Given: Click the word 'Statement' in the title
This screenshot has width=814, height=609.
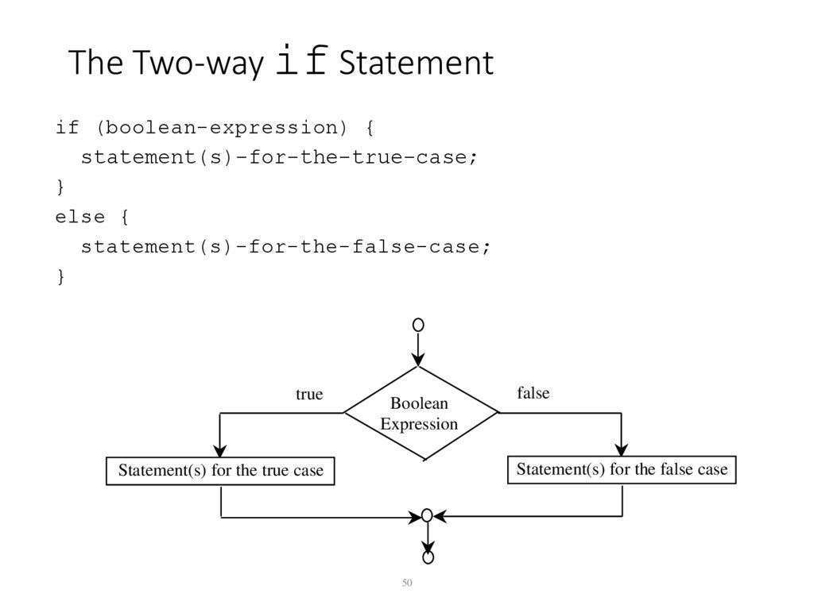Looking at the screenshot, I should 416,64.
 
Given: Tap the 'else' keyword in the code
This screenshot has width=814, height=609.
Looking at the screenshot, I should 80,216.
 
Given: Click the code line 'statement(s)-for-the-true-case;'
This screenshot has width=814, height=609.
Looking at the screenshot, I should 279,157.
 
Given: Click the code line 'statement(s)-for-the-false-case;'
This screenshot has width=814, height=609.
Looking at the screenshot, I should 285,246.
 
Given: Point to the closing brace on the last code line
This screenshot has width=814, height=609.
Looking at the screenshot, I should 60,276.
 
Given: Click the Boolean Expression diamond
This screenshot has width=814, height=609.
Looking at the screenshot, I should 420,413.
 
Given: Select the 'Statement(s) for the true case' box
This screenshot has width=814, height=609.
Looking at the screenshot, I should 220,471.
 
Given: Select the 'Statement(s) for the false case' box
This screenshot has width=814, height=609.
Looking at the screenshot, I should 622,469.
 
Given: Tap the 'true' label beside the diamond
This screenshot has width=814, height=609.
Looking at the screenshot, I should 309,395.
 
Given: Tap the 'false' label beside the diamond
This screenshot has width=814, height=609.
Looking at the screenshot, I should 533,393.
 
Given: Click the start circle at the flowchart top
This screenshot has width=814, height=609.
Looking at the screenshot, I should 418,325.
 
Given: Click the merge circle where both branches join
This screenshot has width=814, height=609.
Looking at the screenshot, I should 427,516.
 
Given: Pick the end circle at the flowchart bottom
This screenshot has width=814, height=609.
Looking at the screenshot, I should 428,558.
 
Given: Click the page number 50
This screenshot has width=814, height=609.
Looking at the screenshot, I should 407,584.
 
